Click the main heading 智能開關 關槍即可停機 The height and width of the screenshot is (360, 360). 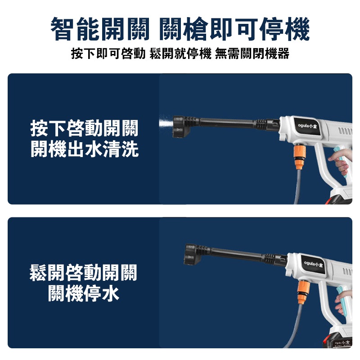[x=180, y=29]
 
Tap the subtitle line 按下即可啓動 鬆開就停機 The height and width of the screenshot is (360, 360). [x=141, y=54]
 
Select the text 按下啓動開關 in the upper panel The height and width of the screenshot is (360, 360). [x=85, y=128]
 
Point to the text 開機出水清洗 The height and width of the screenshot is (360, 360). [x=85, y=149]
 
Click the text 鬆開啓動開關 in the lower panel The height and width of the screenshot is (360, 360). [x=84, y=273]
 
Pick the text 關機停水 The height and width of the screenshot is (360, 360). [x=84, y=293]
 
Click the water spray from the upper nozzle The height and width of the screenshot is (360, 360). [x=166, y=123]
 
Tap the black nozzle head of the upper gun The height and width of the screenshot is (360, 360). [x=181, y=126]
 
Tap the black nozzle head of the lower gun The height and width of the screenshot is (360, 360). [x=193, y=254]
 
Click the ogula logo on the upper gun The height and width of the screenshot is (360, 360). [x=307, y=126]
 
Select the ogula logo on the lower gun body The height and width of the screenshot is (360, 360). [x=313, y=264]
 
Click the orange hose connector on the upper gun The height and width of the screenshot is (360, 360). [x=299, y=157]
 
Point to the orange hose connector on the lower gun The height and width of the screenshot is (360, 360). [x=303, y=292]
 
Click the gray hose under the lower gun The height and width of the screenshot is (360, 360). [x=295, y=326]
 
